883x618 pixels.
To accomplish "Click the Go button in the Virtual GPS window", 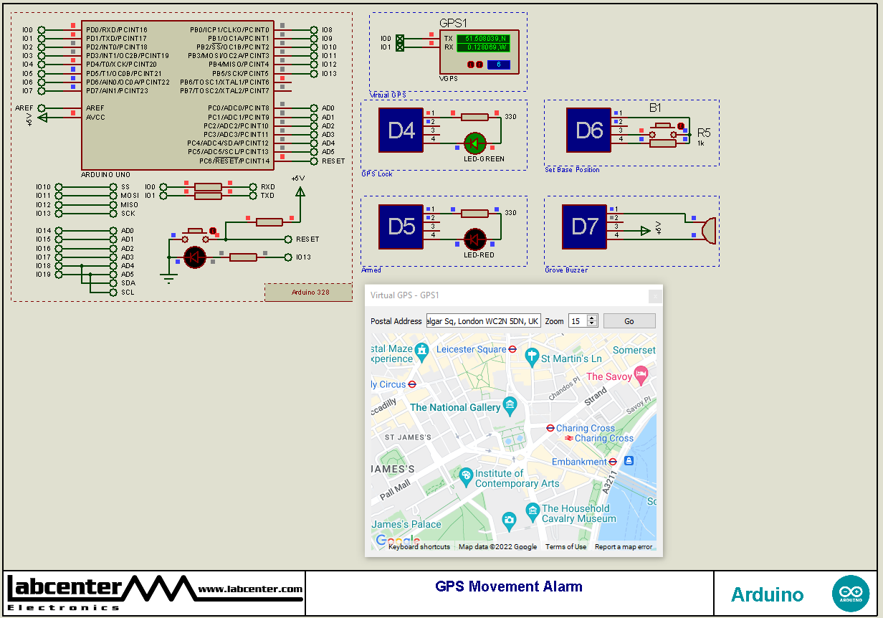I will (x=629, y=321).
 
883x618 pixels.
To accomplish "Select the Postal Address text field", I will (x=483, y=321).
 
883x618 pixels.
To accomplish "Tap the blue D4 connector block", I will (x=401, y=130).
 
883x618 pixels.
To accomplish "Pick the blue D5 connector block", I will (x=401, y=227).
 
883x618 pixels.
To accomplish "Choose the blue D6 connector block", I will (x=588, y=130).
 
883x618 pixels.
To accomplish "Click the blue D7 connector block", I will (x=584, y=227).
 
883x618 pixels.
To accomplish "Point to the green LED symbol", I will (x=474, y=143).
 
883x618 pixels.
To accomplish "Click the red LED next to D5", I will (x=474, y=239).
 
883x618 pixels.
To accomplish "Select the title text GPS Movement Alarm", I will (x=509, y=586).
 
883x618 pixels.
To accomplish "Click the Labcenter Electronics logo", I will (x=154, y=592).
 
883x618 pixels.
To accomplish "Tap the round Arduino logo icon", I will (x=850, y=594).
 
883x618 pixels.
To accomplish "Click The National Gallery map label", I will (x=455, y=407).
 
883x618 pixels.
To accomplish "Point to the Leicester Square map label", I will (x=471, y=349).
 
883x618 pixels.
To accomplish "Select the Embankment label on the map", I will (x=579, y=462).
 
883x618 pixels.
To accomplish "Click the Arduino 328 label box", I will (x=310, y=292).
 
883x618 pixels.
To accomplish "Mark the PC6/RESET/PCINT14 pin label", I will (x=237, y=161).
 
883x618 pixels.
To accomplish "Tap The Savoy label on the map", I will (x=609, y=376).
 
